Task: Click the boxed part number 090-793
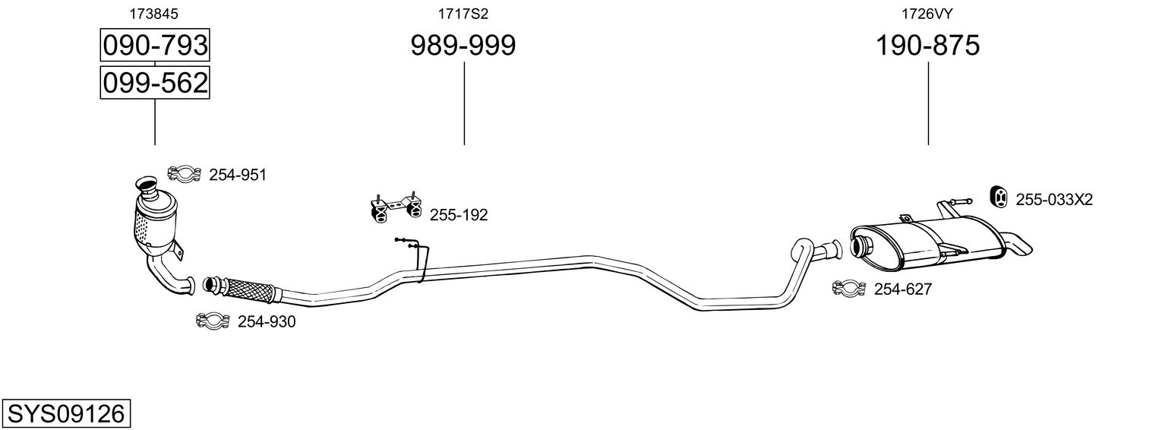(155, 46)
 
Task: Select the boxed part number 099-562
(155, 82)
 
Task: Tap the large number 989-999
(463, 46)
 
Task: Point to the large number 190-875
(928, 46)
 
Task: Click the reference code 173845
(155, 13)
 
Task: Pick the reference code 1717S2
(463, 13)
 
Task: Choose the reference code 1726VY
(928, 13)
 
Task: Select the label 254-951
(238, 175)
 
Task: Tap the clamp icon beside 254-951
(183, 175)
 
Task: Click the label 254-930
(267, 322)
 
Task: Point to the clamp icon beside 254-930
(212, 321)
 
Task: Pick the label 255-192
(459, 215)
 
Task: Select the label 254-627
(903, 289)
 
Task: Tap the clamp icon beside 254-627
(849, 289)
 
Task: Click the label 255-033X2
(1054, 200)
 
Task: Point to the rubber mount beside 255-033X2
(1000, 196)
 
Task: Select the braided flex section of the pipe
(248, 289)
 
